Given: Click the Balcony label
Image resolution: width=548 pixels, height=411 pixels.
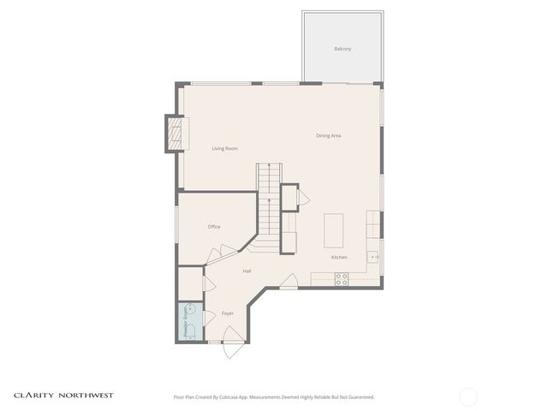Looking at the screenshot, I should point(342,49).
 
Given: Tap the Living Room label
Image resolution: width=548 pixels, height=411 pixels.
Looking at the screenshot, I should point(224,149).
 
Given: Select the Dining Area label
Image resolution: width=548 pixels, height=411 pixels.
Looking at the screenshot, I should point(329,135).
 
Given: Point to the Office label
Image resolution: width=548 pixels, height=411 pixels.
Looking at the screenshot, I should point(214,227).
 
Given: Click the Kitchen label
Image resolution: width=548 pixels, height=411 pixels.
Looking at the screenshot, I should point(339,258).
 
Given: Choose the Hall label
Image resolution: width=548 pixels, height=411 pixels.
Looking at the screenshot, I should point(247,271).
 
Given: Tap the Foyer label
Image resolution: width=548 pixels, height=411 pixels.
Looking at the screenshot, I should point(228,313).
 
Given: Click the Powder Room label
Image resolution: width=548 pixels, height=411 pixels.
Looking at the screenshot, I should point(186,321).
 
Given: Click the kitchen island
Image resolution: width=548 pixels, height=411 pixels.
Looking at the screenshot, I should point(333,230).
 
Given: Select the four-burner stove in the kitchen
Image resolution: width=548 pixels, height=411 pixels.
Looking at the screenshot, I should point(341,278).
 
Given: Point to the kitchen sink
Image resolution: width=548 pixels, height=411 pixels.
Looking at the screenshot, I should point(374,256).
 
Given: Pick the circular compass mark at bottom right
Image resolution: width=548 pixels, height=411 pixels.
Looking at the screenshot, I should point(468,396).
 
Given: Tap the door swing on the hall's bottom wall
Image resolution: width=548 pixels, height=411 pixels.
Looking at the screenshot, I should point(289,281).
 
